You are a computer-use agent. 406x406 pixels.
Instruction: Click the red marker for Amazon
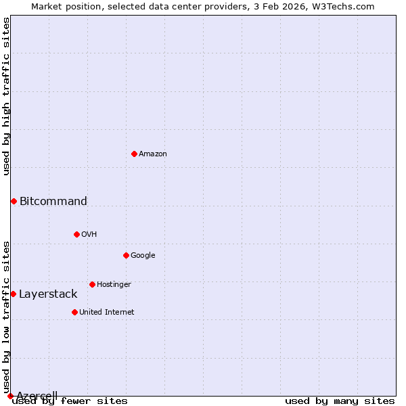coord(134,154)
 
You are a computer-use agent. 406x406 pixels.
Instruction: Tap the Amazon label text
coord(153,154)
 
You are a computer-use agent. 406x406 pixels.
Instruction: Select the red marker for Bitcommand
coord(14,201)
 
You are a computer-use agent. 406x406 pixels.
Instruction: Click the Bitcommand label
coord(53,201)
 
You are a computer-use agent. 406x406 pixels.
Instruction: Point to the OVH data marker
coord(76,234)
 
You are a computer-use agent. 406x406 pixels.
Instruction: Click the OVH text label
coord(89,234)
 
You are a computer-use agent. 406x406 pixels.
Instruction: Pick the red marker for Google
coord(126,255)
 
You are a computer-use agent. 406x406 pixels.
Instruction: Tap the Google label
coord(143,255)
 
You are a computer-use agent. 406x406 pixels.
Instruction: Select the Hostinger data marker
coord(92,284)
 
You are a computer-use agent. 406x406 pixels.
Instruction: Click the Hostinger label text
coord(114,284)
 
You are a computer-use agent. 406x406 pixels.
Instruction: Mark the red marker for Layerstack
coord(13,294)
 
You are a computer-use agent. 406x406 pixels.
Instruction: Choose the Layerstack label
coord(48,294)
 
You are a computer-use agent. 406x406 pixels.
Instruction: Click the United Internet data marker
coord(74,312)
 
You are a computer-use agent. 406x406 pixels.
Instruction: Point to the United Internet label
coord(107,312)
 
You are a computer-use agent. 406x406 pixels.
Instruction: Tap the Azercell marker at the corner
coord(10,396)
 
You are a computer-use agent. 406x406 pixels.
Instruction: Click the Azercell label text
coord(37,395)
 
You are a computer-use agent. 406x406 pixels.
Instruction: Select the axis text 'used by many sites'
coord(340,401)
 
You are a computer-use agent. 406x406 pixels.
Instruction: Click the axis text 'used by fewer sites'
coord(70,401)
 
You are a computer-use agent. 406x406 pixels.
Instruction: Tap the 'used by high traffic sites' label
coord(6,96)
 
